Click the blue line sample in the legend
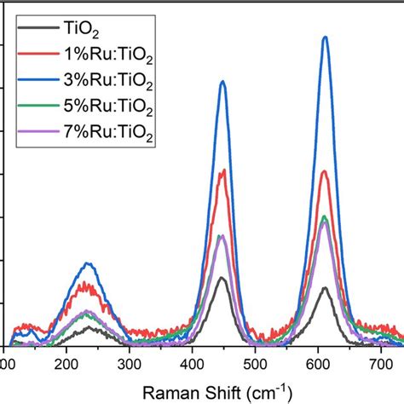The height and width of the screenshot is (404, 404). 35,82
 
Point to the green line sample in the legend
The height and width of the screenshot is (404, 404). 35,109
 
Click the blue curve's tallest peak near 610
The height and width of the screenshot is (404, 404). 325,37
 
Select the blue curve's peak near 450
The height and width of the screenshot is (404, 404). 222,82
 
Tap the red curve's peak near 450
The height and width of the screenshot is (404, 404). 222,170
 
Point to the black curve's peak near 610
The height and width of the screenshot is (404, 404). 325,288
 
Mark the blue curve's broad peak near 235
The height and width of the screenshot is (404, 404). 88,263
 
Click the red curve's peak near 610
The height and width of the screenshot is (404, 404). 325,172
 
